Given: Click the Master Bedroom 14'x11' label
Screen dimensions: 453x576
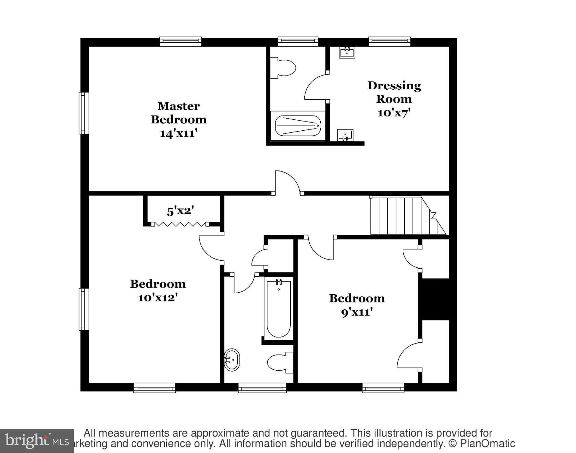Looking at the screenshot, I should coord(179,119).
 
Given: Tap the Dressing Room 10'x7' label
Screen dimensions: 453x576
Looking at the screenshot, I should coord(394,99).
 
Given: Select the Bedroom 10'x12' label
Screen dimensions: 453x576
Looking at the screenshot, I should coord(158,290).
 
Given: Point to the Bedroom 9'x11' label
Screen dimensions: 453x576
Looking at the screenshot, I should coord(357,305).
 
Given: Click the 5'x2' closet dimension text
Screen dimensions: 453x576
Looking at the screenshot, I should coord(180,211).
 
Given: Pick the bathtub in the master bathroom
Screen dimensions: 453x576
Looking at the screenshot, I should coord(298,126).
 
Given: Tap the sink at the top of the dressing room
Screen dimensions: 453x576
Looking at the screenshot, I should coord(347,52).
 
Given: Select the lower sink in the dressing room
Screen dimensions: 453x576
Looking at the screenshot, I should coord(345,135).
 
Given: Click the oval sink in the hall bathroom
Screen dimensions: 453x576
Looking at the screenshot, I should coord(232,360).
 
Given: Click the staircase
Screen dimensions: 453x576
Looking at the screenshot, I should coord(404,216).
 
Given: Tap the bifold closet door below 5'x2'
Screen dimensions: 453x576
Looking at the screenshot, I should coord(180,224).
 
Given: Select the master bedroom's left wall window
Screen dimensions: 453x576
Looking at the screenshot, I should coord(84,113).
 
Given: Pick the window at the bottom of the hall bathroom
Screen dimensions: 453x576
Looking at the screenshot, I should coord(262,388).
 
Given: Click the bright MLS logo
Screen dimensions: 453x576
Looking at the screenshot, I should coord(37,441).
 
